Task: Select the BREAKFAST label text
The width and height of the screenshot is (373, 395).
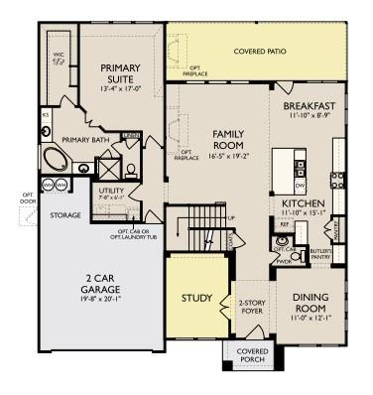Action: [x=309, y=106]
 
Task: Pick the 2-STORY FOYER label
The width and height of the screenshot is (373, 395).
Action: [x=250, y=306]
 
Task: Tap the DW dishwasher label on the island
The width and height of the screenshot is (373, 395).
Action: [x=299, y=185]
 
